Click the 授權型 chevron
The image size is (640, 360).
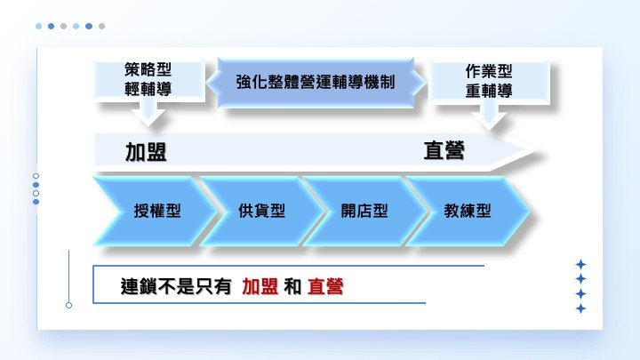pyautogui.click(x=157, y=211)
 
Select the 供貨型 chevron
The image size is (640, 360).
pyautogui.click(x=261, y=211)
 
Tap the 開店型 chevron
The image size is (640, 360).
pyautogui.click(x=364, y=211)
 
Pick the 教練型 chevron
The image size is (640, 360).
pyautogui.click(x=468, y=211)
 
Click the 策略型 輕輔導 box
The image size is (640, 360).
pyautogui.click(x=148, y=79)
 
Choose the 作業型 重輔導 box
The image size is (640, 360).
pyautogui.click(x=489, y=81)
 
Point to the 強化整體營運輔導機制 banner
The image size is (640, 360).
pyautogui.click(x=316, y=82)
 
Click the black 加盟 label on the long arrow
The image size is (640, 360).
pyautogui.click(x=146, y=152)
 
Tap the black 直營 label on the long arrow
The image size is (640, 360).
pyautogui.click(x=444, y=150)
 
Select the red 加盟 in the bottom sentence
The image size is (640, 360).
pyautogui.click(x=260, y=286)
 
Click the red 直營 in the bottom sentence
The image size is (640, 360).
pyautogui.click(x=325, y=286)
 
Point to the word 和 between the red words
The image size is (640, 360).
pyautogui.click(x=292, y=286)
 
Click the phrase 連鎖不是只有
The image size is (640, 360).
pyautogui.click(x=176, y=286)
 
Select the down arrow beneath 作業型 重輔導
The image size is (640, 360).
pyautogui.click(x=489, y=115)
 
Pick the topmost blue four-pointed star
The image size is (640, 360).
pyautogui.click(x=580, y=265)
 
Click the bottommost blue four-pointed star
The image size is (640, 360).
pyautogui.click(x=580, y=308)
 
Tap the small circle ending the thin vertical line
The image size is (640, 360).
pyautogui.click(x=69, y=305)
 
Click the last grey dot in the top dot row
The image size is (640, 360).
pyautogui.click(x=101, y=26)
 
